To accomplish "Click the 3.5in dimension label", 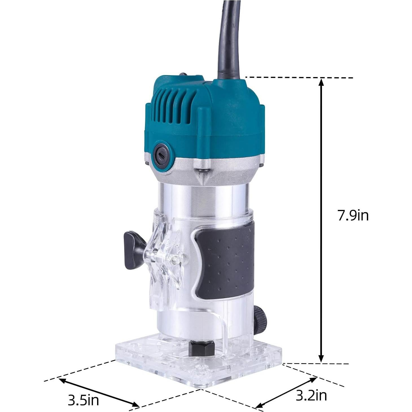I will (83, 400).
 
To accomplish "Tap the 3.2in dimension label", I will (311, 395).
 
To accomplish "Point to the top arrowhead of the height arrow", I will (321, 82).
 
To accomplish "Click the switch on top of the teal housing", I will (183, 75).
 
